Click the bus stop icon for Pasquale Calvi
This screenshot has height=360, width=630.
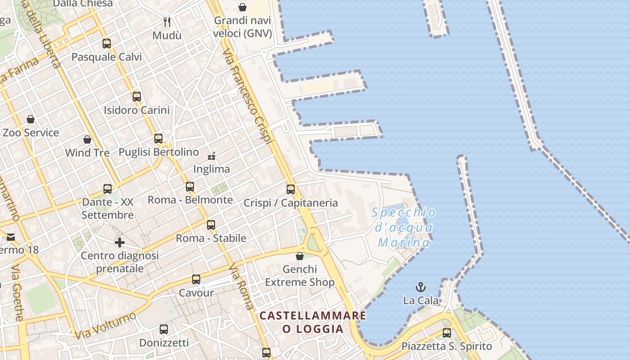[x=107, y=44]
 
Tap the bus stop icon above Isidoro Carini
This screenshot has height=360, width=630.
[x=137, y=97]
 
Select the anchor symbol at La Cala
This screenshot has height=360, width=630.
[x=420, y=287]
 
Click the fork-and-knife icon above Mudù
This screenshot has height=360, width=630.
[x=167, y=22]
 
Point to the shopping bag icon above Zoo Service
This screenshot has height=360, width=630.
[x=31, y=119]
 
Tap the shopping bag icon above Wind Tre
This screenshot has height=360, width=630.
[x=87, y=139]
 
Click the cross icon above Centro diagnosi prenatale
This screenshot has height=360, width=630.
[x=120, y=243]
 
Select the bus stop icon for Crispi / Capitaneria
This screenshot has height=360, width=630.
[x=291, y=189]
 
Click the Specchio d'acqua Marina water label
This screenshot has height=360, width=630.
[x=404, y=228]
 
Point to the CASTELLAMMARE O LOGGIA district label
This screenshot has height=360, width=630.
[x=313, y=322]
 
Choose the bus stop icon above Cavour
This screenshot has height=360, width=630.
[x=196, y=279]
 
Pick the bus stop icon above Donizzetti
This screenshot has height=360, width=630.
[x=164, y=329]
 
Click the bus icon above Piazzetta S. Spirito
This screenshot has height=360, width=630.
[x=447, y=333]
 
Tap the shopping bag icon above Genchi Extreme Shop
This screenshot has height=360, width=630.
[x=300, y=256]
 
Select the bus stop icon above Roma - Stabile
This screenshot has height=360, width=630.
[x=211, y=225]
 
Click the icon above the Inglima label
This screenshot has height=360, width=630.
[x=211, y=156]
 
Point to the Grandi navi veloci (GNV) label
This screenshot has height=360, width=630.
[x=243, y=27]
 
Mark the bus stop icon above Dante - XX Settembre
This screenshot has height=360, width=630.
[x=108, y=189]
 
